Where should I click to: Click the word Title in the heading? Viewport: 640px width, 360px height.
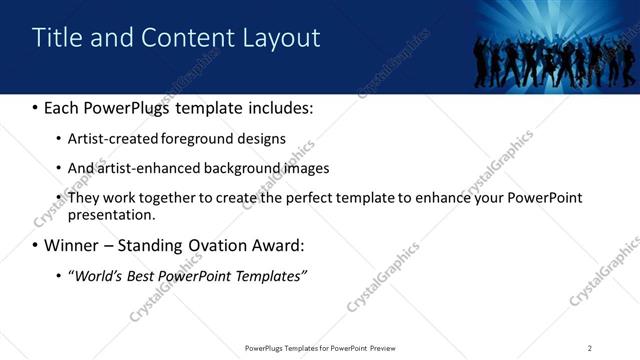(56, 38)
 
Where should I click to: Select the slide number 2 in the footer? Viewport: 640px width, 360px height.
(590, 348)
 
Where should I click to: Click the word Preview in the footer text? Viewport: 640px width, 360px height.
(389, 348)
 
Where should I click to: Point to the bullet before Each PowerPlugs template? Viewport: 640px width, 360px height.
(36, 106)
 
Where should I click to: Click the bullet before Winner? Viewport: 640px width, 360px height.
(36, 245)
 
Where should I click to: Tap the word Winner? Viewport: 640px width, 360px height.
(76, 245)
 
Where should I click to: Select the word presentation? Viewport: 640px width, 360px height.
(112, 214)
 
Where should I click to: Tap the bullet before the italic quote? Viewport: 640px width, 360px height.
(59, 276)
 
